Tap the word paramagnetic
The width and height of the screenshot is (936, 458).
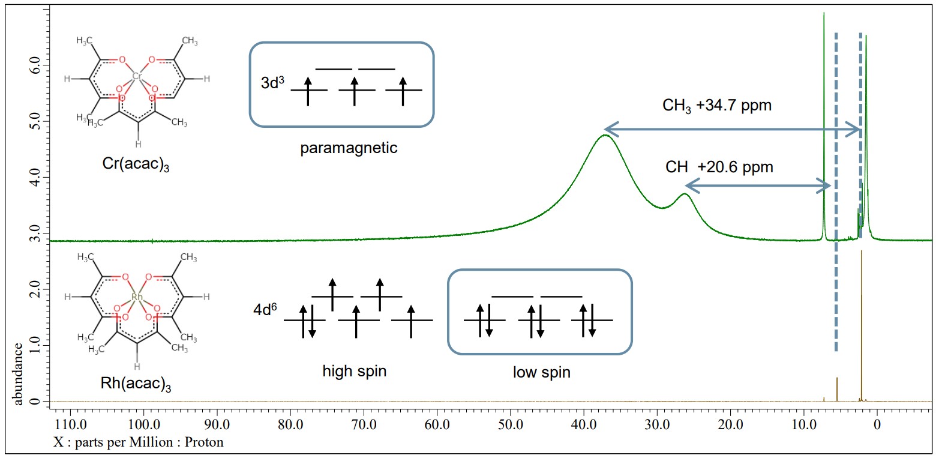tap(349, 148)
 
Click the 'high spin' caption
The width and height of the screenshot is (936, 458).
tap(355, 372)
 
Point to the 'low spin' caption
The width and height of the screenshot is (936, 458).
tap(541, 373)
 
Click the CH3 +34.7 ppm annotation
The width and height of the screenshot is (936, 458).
tap(716, 106)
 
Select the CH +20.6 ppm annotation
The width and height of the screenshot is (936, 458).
tap(719, 167)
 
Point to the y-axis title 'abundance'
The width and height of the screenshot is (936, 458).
tap(19, 374)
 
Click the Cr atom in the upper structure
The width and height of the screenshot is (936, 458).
tap(137, 76)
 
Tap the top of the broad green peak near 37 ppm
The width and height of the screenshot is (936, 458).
tap(605, 135)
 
